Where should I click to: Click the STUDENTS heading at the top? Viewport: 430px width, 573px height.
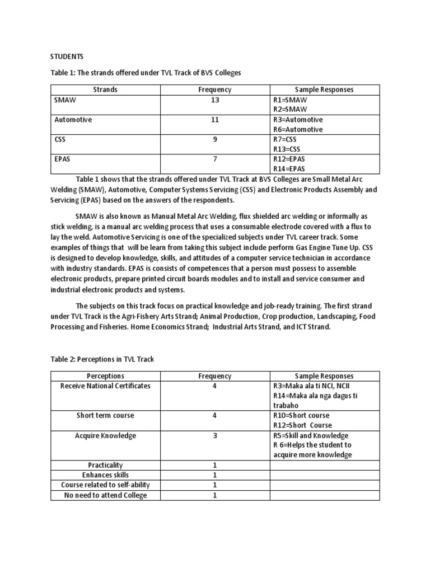(67, 56)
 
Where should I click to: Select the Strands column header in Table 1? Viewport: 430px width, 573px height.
(105, 90)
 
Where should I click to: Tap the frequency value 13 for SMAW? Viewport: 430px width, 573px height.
(215, 100)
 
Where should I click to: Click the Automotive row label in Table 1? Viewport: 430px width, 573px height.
(73, 120)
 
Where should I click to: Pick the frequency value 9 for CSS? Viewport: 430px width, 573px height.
(215, 139)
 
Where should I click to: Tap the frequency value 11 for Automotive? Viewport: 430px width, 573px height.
(215, 120)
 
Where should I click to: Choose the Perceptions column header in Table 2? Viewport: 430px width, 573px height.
(105, 376)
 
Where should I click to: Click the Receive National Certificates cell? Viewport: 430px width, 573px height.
(105, 386)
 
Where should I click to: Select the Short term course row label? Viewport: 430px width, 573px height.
(105, 416)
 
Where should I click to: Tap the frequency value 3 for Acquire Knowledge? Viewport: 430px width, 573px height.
(215, 435)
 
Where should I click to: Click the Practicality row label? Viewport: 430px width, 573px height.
(105, 465)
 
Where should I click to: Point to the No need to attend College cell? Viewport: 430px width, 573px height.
(105, 495)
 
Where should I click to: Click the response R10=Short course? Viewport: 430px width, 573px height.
(301, 416)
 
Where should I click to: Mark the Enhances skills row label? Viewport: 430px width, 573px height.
(105, 475)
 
